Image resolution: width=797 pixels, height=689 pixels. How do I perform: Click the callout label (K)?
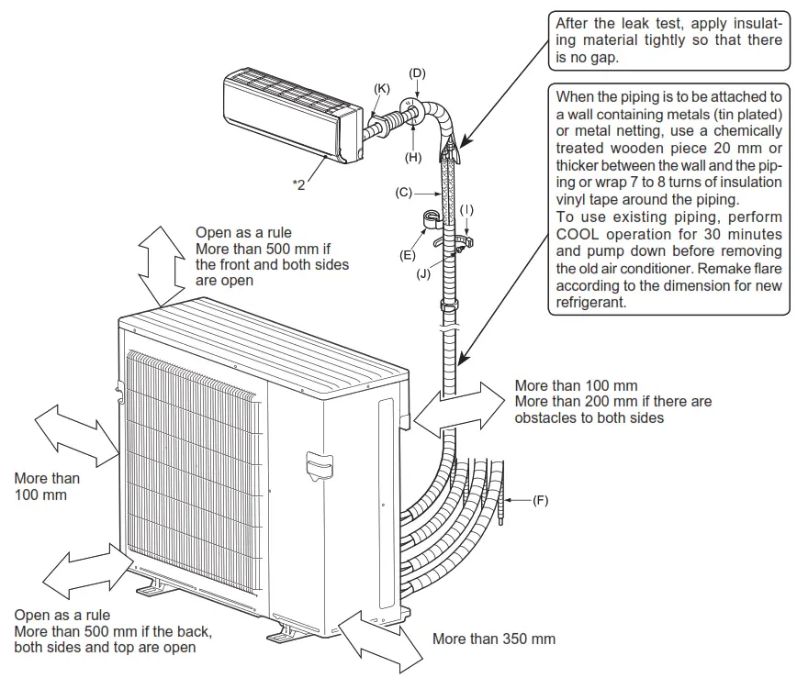tap(381, 87)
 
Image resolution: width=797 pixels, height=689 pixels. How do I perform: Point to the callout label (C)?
tap(403, 194)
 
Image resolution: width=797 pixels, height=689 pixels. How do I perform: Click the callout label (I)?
tap(466, 210)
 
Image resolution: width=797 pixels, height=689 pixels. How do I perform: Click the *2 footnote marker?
tap(299, 184)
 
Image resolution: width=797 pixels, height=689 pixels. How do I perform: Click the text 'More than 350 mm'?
tap(493, 639)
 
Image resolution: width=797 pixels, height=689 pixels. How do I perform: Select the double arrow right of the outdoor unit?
tap(457, 408)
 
